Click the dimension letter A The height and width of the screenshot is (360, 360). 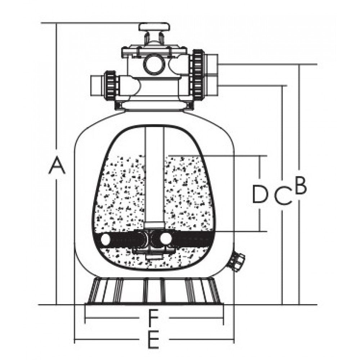[x=57, y=165]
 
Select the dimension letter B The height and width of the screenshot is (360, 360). [x=301, y=185]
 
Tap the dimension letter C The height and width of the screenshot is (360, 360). [x=283, y=195]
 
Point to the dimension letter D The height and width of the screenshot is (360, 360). [x=260, y=194]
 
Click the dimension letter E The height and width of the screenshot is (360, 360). [x=153, y=339]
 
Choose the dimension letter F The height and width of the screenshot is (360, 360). [x=154, y=318]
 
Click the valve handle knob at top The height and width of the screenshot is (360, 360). [x=154, y=27]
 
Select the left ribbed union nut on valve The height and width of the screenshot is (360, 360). [x=111, y=85]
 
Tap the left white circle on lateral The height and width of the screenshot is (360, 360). [x=106, y=239]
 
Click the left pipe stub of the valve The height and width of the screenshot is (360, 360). [x=98, y=86]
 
